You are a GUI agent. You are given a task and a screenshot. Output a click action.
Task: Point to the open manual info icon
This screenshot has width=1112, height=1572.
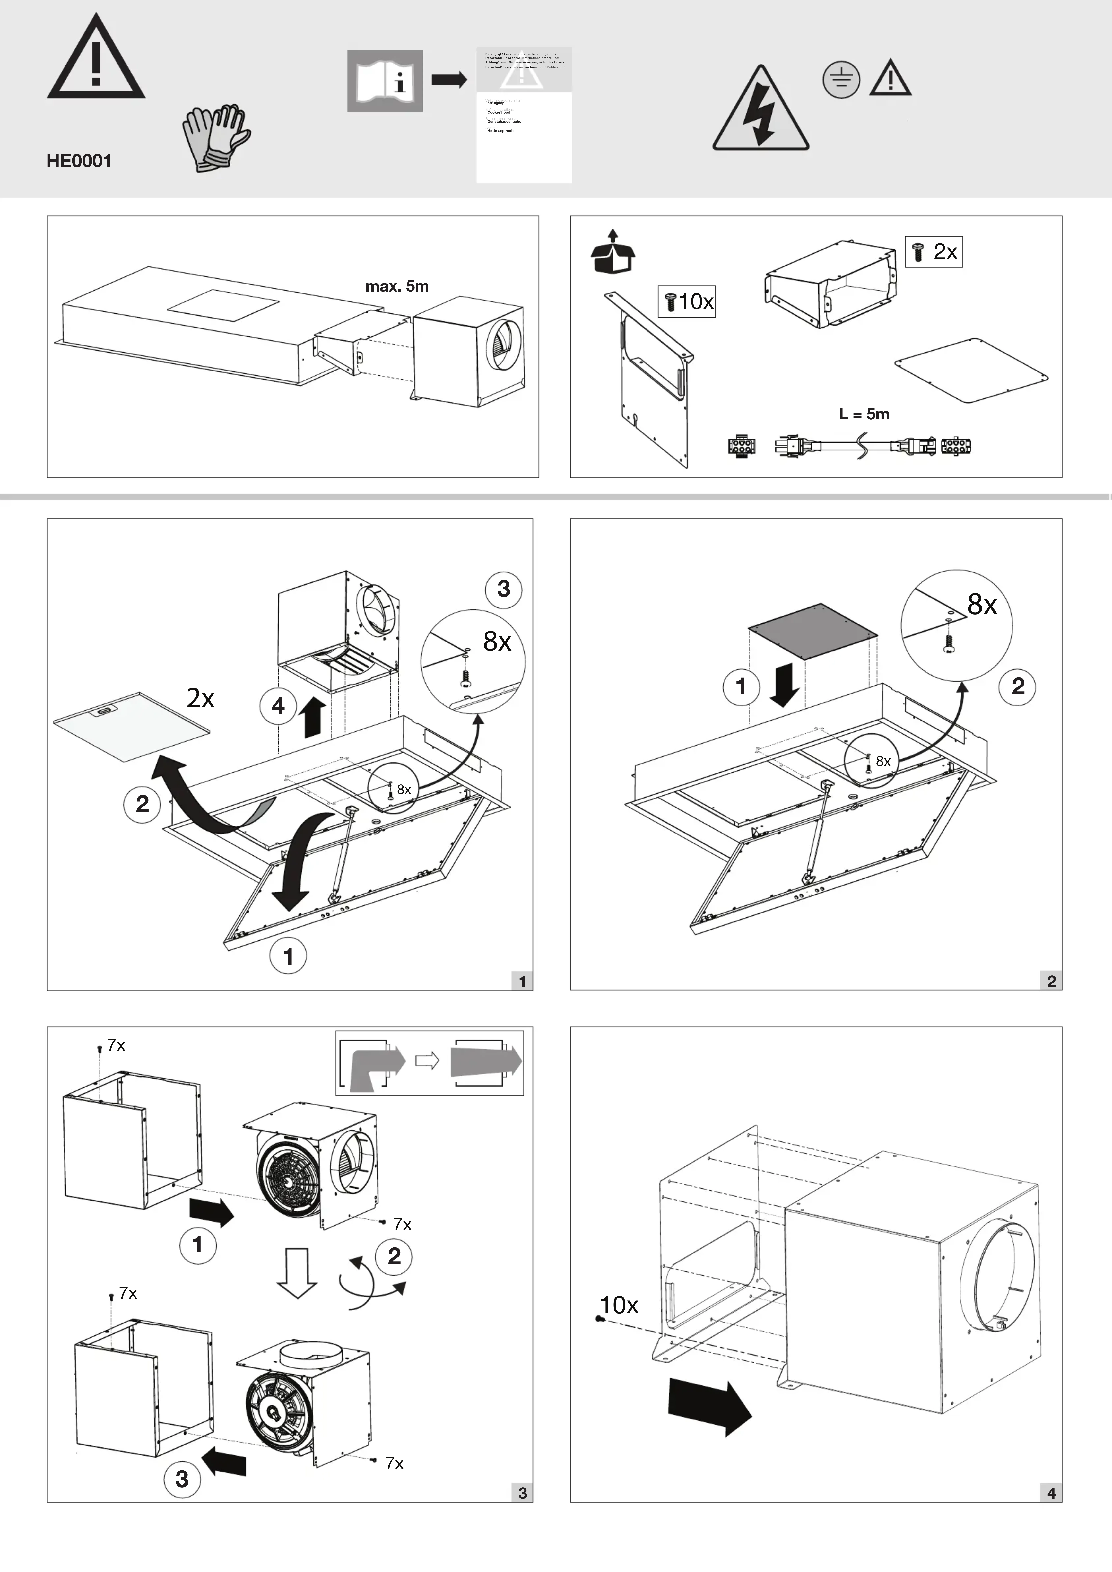pos(385,81)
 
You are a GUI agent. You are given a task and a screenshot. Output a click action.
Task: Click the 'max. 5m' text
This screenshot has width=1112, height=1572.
pos(397,286)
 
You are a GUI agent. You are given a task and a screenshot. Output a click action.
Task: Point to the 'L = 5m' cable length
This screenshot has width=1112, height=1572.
pos(864,414)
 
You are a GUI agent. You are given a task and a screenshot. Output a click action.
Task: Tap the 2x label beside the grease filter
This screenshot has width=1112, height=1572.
pos(201,698)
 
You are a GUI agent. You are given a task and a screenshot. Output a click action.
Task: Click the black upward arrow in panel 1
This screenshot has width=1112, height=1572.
pos(313,718)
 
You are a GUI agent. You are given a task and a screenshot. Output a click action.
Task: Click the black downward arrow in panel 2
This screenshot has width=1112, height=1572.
pos(784,685)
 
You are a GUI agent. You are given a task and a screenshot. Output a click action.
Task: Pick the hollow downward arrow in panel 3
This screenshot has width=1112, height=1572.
pos(297,1272)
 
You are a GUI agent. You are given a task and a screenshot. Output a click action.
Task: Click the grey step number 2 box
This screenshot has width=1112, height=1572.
pos(1051,981)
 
